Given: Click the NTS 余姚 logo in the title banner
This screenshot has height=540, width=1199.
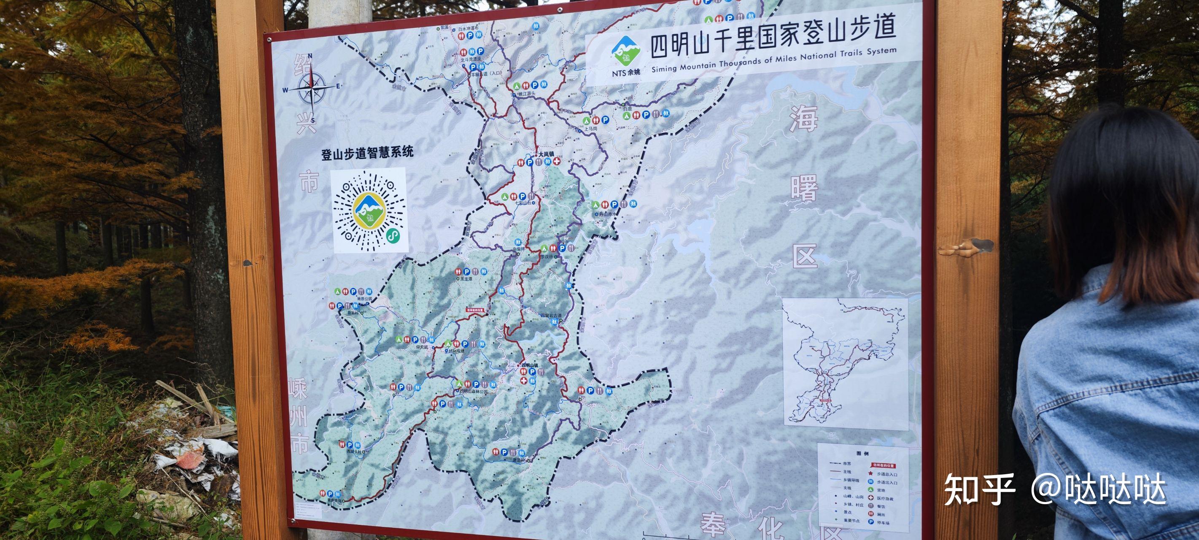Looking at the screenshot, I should [626, 55].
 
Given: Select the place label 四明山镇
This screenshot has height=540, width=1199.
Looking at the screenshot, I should [530, 365].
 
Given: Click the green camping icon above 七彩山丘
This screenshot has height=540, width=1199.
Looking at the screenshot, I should [504, 197].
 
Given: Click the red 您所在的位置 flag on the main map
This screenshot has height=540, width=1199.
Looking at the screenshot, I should [475, 310].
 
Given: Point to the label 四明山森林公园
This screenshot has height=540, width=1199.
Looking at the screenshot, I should [474, 392].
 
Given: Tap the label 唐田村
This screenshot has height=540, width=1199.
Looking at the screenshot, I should [518, 460].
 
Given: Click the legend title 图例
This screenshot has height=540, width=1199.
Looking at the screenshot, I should [862, 453].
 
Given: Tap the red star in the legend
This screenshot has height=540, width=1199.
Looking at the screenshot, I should [870, 473].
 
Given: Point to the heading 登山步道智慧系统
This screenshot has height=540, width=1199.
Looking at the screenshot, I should [367, 152].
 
